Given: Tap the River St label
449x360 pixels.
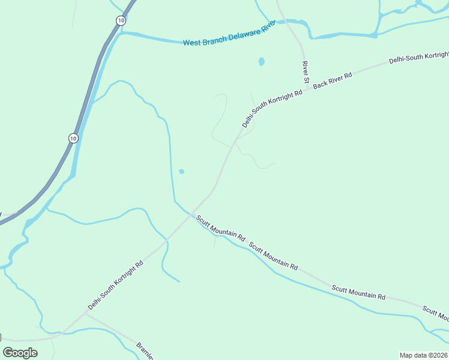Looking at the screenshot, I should coord(305,72).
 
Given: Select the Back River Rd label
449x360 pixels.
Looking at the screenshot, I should coord(332,79).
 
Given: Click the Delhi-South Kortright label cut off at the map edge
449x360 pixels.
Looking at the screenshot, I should coord(418,58).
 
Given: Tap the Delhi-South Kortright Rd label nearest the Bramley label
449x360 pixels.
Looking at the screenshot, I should coord(115,285).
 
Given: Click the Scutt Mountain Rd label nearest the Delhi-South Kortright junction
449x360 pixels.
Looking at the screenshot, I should coord(221,229).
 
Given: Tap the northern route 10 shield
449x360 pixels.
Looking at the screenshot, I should coord(121,20).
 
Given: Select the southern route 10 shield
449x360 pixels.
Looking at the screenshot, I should coord(73,138).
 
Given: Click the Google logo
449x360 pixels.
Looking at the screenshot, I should coord(20,352).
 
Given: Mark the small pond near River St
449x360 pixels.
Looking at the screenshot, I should coord(261,61).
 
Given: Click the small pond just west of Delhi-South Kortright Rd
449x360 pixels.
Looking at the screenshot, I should coord(181,172).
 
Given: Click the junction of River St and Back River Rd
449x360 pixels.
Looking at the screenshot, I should coord(309,89).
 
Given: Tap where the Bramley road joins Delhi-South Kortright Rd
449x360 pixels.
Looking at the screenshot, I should coord(85,313).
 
